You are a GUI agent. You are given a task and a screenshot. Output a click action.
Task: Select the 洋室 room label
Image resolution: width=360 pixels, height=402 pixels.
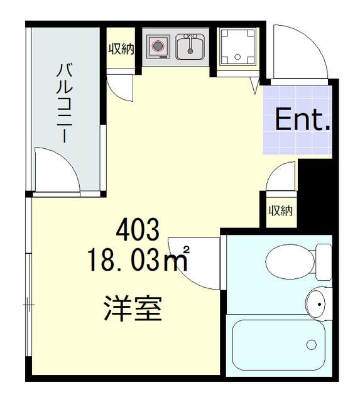(133, 308)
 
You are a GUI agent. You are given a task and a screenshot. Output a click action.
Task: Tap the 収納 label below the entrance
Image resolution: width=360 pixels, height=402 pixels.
(280, 211)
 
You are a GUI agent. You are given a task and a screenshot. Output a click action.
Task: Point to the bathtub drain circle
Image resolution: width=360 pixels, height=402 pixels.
(312, 344)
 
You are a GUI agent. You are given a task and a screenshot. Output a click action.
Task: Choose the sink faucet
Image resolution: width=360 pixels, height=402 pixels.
(189, 38)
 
